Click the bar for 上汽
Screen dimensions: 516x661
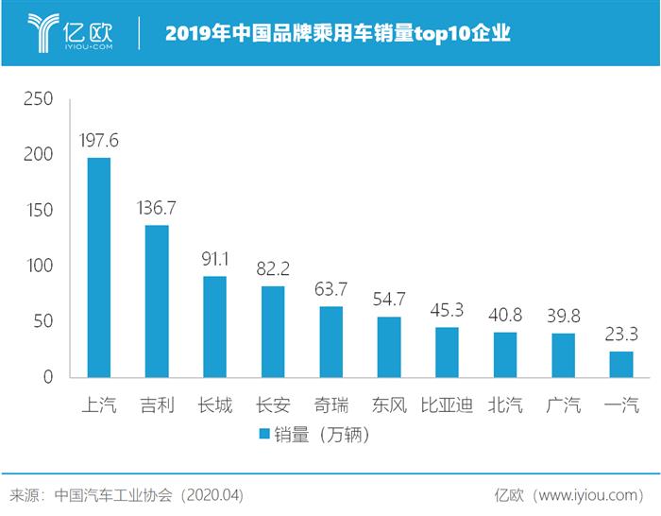click(98, 267)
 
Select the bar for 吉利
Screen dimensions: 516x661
click(157, 301)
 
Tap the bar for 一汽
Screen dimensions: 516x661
click(621, 365)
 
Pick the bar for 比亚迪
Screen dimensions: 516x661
click(447, 353)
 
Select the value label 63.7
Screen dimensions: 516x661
click(331, 289)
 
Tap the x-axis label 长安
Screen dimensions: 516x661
click(273, 406)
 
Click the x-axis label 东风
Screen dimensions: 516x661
click(389, 406)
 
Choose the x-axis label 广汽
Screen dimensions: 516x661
click(563, 406)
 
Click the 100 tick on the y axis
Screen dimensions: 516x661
click(43, 267)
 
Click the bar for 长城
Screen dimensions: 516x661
click(214, 327)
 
